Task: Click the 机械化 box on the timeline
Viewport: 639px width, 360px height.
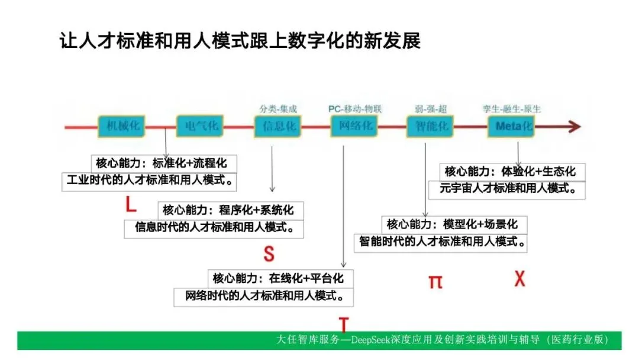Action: coord(122,126)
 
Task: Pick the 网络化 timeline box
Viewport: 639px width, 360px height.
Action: coord(355,126)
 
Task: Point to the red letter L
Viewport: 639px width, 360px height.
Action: coord(131,205)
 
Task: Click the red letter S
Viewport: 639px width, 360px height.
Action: coord(269,253)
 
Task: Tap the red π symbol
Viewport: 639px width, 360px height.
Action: coord(435,281)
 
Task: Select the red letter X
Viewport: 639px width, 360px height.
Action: coord(519,278)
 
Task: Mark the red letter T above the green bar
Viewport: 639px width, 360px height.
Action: coord(344,324)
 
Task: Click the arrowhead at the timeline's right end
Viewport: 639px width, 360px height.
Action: coord(573,126)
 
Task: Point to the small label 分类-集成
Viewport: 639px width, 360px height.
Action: coord(278,109)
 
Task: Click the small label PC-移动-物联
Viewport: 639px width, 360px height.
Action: coord(355,109)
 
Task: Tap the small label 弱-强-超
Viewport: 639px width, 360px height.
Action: coord(431,109)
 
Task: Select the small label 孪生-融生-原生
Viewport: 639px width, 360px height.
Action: coord(512,109)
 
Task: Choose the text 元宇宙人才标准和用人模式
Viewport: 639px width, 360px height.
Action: coord(507,189)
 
